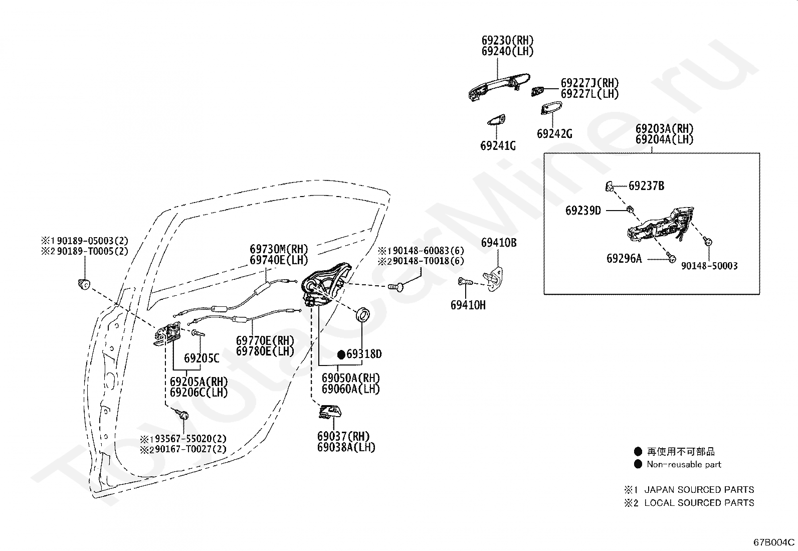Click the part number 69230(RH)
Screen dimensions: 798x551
[x=508, y=40]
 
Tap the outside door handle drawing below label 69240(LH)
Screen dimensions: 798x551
[x=499, y=87]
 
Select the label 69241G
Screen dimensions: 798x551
[x=498, y=146]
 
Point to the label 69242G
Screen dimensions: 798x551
[x=555, y=134]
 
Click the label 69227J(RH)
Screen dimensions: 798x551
[x=590, y=83]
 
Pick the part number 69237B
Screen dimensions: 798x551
[x=646, y=186]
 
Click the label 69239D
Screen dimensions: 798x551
[x=583, y=211]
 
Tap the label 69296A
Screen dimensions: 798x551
[x=624, y=258]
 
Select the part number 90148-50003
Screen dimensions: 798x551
[x=709, y=266]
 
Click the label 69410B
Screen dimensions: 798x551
[x=499, y=243]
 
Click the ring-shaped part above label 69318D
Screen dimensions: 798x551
[x=363, y=315]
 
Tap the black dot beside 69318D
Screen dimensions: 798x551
[x=341, y=354]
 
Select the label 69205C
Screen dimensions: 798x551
[x=202, y=358]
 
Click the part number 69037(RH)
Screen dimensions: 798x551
[x=343, y=436]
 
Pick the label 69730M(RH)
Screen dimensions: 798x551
[x=279, y=249]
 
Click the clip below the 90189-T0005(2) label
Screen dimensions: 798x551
[x=84, y=284]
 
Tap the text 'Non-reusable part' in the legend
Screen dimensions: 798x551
[x=684, y=464]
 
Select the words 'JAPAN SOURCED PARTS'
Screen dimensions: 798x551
[x=699, y=490]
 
